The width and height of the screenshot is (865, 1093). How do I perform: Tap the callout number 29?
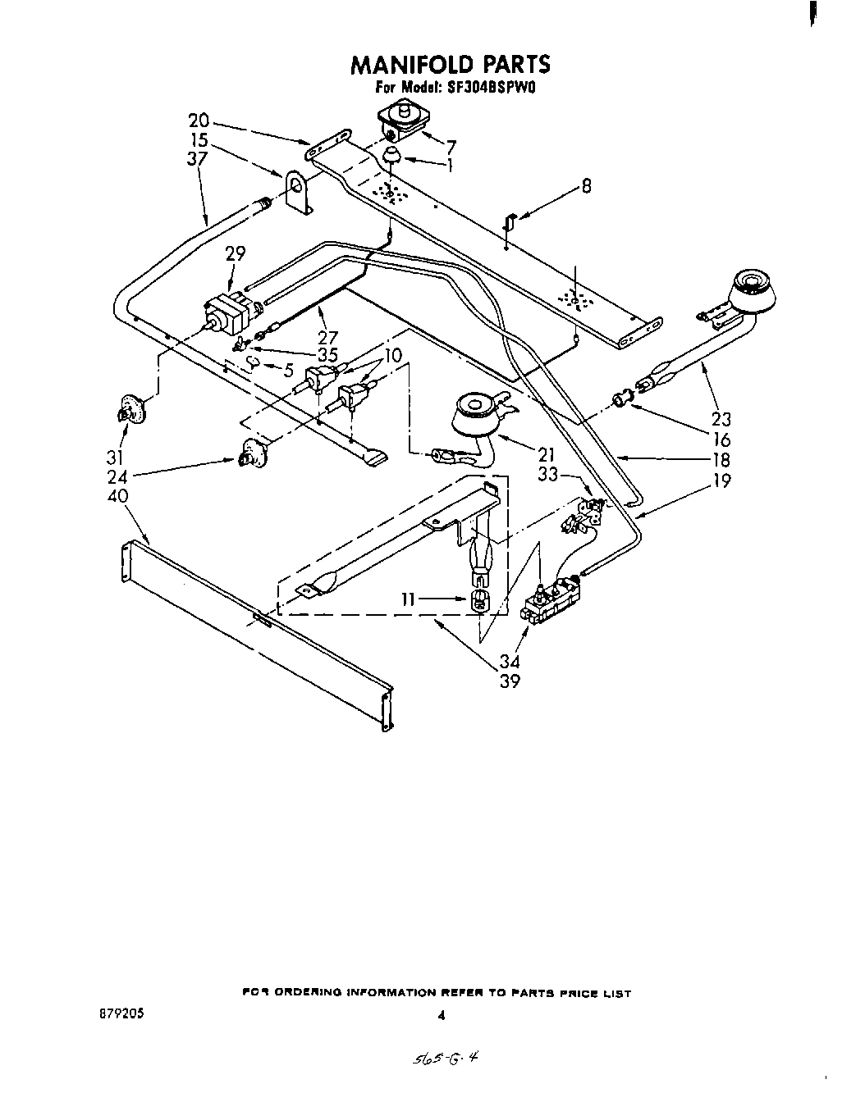[x=235, y=254]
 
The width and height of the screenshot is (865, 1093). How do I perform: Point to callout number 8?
[x=586, y=187]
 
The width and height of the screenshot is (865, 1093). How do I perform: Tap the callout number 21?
[x=547, y=454]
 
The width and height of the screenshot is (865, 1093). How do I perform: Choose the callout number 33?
[x=549, y=475]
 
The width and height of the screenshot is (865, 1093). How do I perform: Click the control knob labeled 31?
[x=128, y=410]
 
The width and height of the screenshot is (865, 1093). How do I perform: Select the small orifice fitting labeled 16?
[x=623, y=400]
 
